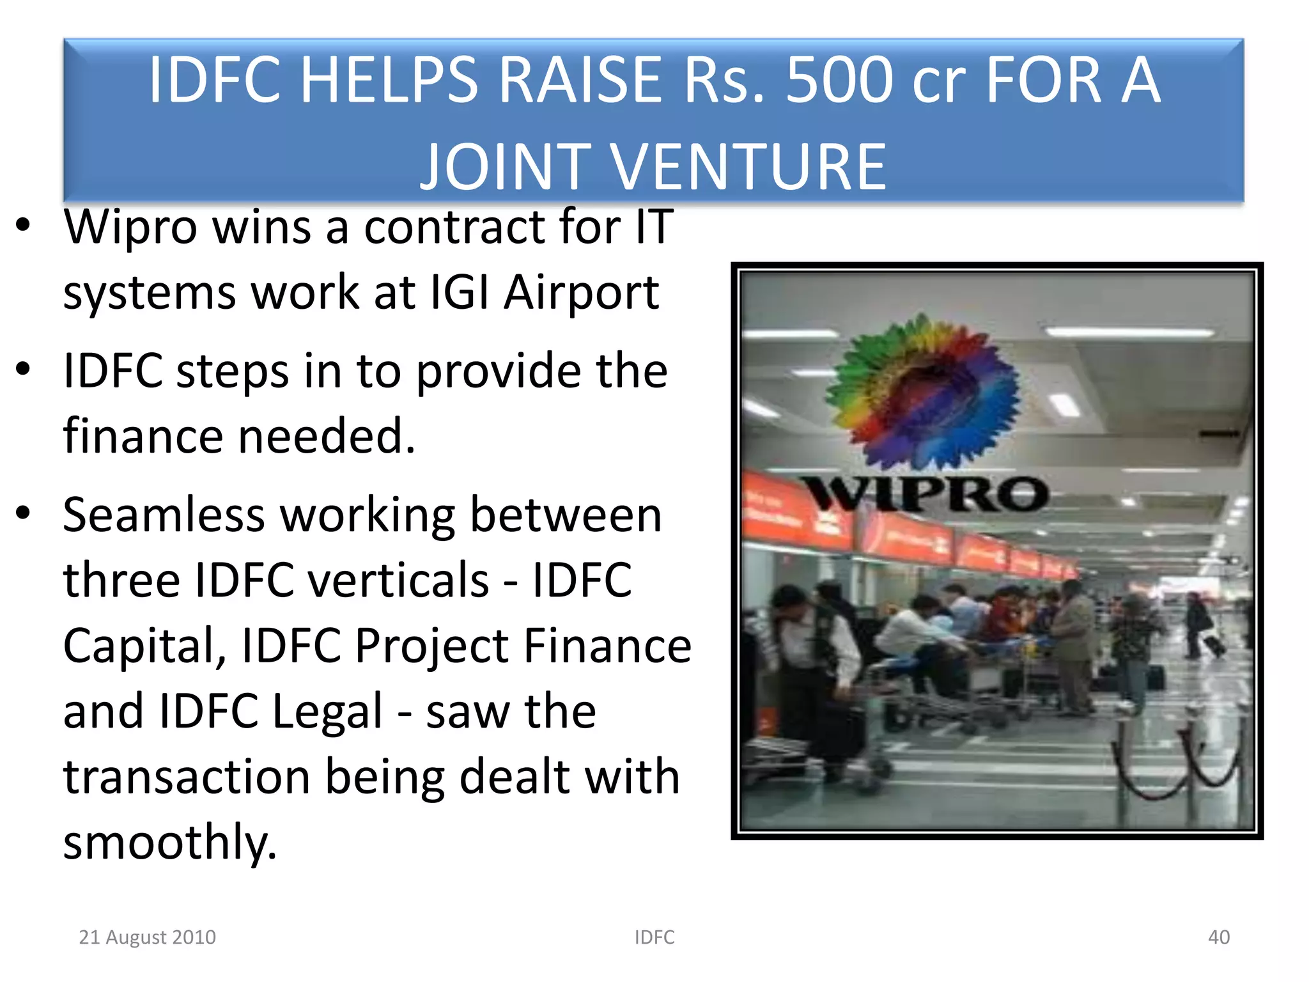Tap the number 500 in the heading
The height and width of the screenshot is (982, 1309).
[839, 80]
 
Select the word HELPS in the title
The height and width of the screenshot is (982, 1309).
[389, 80]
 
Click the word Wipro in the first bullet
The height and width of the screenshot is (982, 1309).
[130, 227]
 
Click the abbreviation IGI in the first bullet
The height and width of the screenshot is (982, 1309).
[459, 292]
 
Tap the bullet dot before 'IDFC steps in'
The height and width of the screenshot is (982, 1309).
[24, 369]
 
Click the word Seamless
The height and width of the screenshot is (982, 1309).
[164, 515]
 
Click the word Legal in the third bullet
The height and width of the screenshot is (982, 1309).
[327, 712]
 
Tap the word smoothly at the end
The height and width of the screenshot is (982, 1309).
[170, 843]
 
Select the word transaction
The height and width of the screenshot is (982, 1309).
[186, 777]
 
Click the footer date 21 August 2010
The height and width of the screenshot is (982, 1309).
[147, 937]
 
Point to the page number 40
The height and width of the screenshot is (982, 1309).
[1218, 937]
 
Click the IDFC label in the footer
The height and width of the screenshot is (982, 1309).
[654, 937]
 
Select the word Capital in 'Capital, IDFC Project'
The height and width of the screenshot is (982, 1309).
[144, 646]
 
